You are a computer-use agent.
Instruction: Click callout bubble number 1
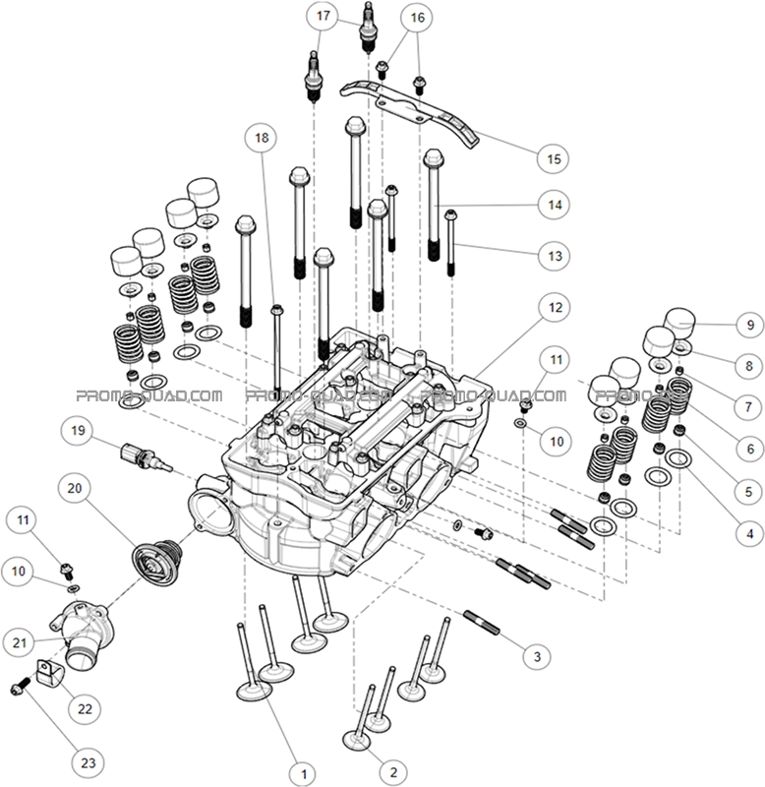[304, 772]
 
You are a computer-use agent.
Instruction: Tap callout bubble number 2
[392, 772]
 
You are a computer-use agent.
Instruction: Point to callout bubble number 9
[748, 324]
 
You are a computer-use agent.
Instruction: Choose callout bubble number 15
[554, 157]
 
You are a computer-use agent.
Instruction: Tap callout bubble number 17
[322, 16]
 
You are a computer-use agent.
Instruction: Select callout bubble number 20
[74, 487]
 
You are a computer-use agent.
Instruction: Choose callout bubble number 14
[554, 205]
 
